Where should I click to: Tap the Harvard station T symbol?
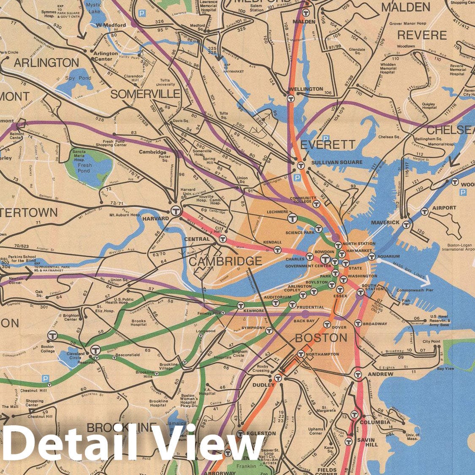click(176, 211)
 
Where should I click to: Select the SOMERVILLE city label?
click(145, 94)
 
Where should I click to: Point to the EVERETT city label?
click(328, 145)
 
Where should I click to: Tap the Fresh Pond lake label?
click(84, 168)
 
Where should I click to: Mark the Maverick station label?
click(385, 222)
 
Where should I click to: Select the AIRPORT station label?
click(444, 208)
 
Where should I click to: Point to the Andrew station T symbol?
click(358, 374)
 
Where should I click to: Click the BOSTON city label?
click(321, 338)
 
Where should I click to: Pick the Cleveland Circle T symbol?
click(95, 350)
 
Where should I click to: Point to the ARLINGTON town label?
click(46, 63)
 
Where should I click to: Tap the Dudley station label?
click(263, 385)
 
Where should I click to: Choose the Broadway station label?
click(375, 324)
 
